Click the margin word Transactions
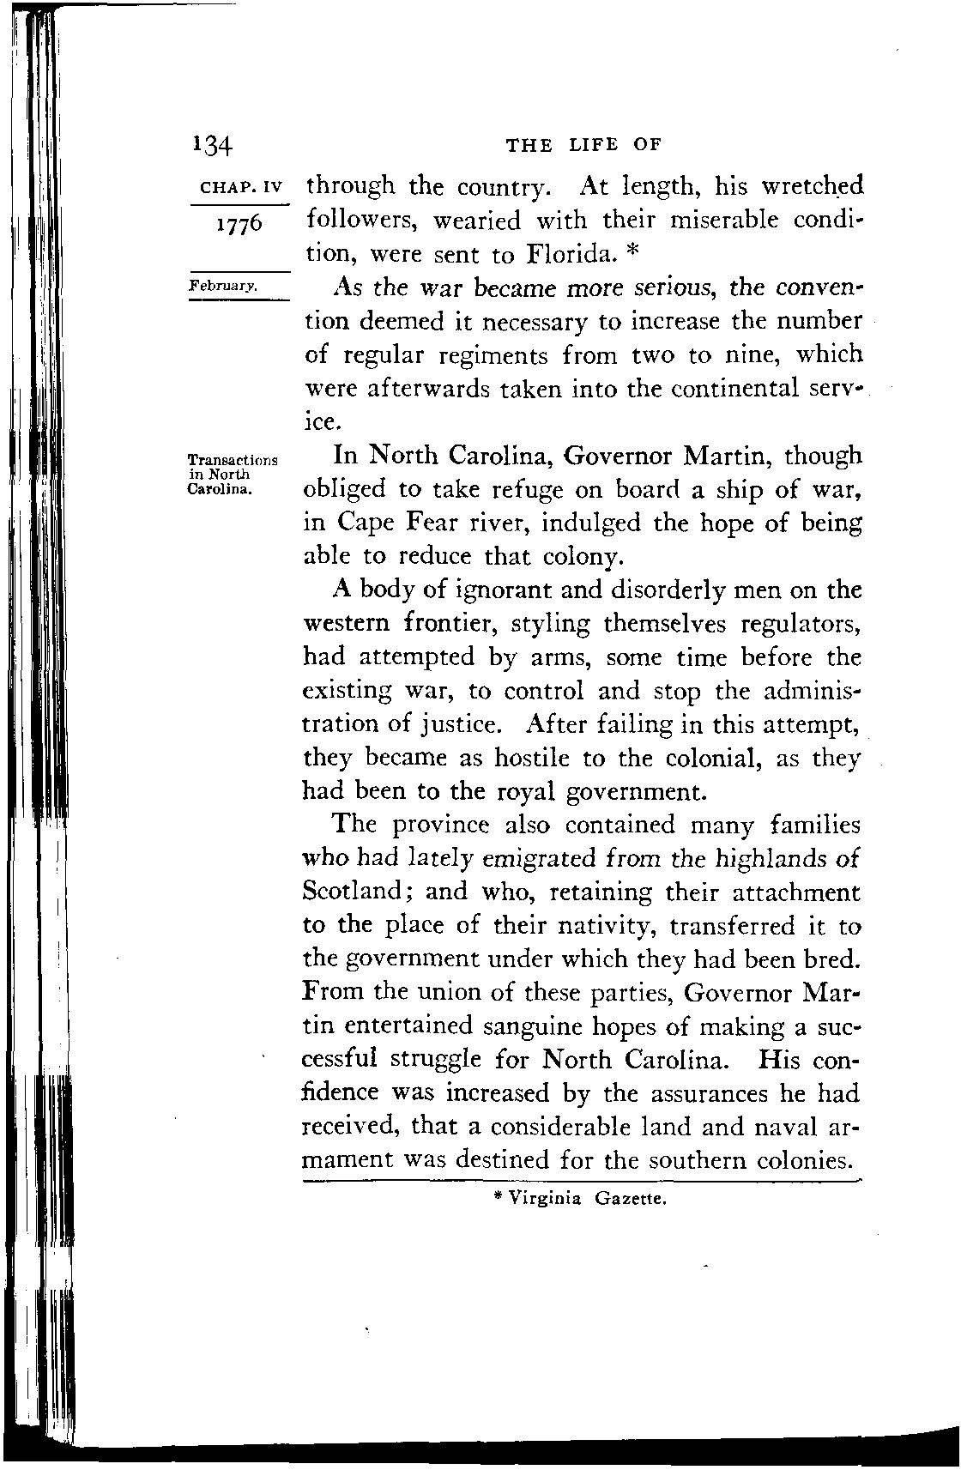pyautogui.click(x=233, y=460)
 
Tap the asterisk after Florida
pyautogui.click(x=627, y=252)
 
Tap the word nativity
pyautogui.click(x=603, y=926)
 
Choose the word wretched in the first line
pyautogui.click(x=812, y=186)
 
